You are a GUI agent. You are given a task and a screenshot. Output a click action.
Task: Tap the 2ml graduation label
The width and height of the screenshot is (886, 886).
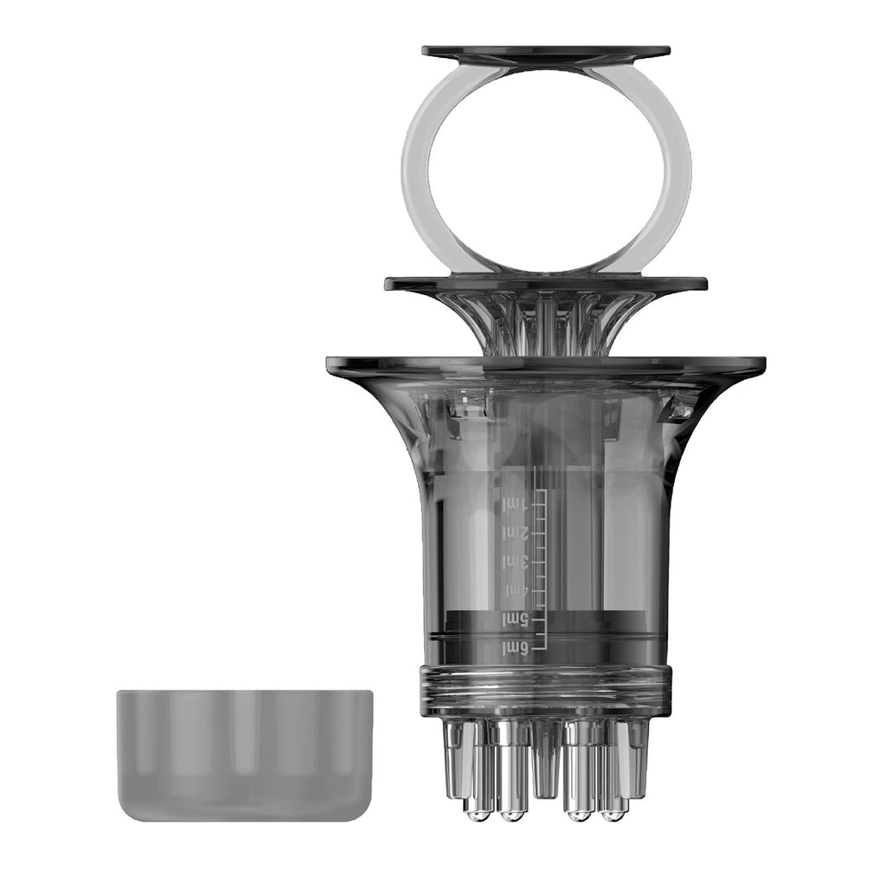coord(516,533)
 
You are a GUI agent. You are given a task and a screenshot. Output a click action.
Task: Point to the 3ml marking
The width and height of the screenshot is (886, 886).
coord(516,562)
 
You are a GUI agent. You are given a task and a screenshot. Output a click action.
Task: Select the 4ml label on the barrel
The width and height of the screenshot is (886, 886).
coord(516,591)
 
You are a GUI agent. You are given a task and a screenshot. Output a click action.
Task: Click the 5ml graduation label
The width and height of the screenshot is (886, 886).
coord(515,620)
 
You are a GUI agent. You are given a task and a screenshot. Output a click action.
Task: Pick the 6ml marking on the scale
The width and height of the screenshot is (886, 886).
coord(515,648)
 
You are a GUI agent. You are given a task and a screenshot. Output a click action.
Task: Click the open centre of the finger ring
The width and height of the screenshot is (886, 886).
coord(546,169)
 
